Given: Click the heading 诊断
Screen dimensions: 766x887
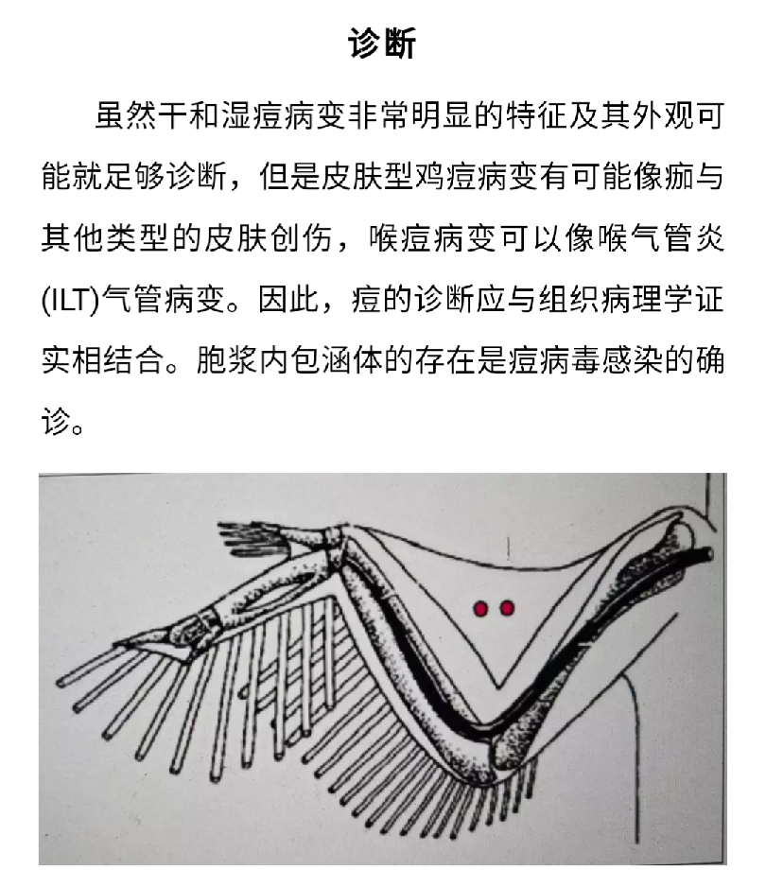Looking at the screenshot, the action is [382, 43].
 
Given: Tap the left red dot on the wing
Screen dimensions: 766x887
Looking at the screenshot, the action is [480, 609].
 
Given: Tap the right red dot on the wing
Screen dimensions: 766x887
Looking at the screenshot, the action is [507, 608].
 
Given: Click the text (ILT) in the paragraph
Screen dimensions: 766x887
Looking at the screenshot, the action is [70, 300].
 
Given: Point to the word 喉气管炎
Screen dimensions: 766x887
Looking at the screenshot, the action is [661, 238].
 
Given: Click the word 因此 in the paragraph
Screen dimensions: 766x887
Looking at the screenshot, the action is [289, 299].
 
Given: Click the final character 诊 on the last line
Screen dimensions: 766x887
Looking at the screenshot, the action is [56, 422].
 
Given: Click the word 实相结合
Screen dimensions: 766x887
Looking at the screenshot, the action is [103, 360].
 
